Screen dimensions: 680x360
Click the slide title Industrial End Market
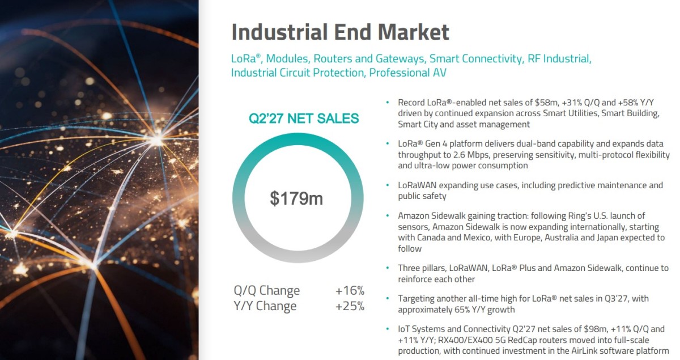point(340,32)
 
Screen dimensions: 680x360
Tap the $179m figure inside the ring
point(296,198)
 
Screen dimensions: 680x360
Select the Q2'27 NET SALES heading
point(304,118)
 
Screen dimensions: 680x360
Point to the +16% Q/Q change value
point(350,290)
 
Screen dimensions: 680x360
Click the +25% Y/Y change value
point(350,306)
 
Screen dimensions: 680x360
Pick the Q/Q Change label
point(266,291)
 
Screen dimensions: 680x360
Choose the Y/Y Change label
point(265,306)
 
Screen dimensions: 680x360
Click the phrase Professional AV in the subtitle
point(407,73)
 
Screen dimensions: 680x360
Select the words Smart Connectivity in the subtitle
point(477,58)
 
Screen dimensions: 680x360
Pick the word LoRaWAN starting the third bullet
point(417,185)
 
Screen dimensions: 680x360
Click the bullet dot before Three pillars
point(388,268)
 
